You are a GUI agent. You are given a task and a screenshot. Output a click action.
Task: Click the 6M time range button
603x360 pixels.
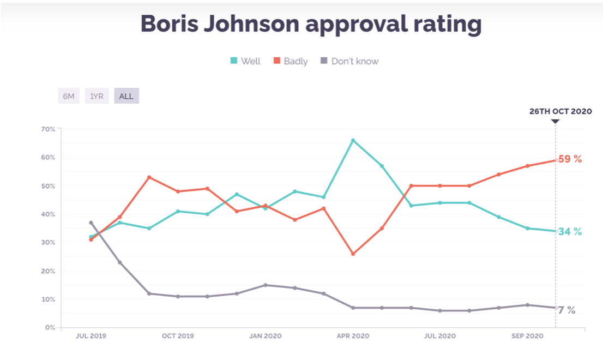pos(69,96)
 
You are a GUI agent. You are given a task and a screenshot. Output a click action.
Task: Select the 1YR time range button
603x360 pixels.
pos(97,96)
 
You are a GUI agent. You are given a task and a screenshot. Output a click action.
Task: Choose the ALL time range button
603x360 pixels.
pos(126,96)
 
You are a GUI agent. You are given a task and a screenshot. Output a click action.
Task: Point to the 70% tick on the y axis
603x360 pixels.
pos(48,129)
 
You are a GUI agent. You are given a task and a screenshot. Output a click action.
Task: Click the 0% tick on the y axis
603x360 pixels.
pos(49,328)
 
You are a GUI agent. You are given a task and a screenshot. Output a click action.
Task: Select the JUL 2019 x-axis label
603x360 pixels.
pos(91,336)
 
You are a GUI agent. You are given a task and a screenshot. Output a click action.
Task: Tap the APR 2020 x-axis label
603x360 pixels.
pos(353,336)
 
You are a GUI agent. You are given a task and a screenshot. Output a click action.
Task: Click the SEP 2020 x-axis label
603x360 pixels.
pos(527,336)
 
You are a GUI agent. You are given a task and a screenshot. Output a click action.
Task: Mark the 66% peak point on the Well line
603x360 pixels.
pos(353,140)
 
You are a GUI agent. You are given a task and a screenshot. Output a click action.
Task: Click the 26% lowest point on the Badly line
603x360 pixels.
pos(353,254)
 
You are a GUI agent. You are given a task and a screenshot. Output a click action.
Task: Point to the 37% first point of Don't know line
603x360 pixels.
pos(91,223)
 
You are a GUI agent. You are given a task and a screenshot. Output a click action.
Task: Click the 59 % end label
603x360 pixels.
pos(570,159)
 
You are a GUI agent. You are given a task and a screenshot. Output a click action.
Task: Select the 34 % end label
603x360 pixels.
pos(570,231)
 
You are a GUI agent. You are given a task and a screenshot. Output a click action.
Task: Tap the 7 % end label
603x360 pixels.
pos(566,310)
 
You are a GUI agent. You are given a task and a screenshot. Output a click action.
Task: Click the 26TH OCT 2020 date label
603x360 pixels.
pos(560,111)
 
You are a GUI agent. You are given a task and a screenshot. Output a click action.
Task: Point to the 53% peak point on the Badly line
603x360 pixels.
pos(149,177)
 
